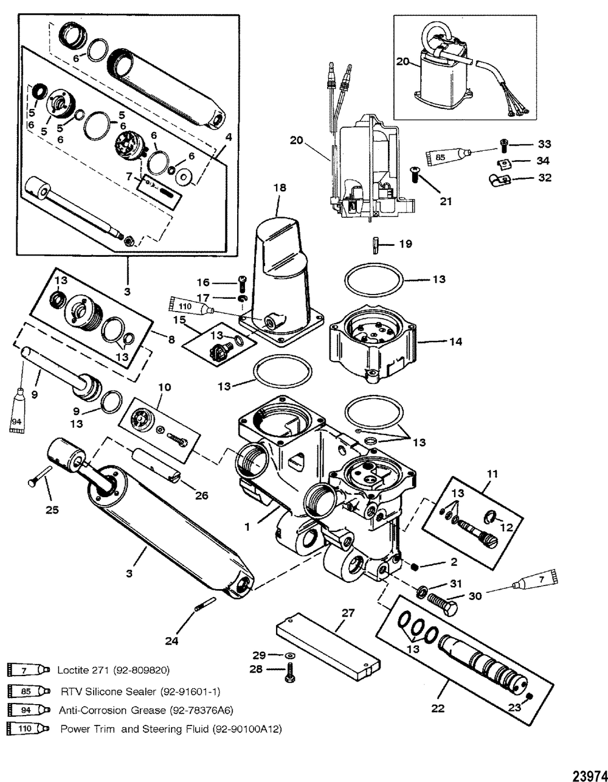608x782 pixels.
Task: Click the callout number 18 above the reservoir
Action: (x=280, y=188)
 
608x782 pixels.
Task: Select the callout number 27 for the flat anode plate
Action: (x=348, y=613)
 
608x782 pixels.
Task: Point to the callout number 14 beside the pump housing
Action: (x=455, y=341)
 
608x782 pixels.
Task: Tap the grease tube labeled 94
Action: (x=16, y=410)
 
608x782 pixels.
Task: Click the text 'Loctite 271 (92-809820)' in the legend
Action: (x=113, y=670)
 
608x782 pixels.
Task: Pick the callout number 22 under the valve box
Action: (x=437, y=708)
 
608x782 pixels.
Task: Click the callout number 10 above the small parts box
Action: (x=164, y=388)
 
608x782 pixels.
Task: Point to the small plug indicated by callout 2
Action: (x=414, y=567)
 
